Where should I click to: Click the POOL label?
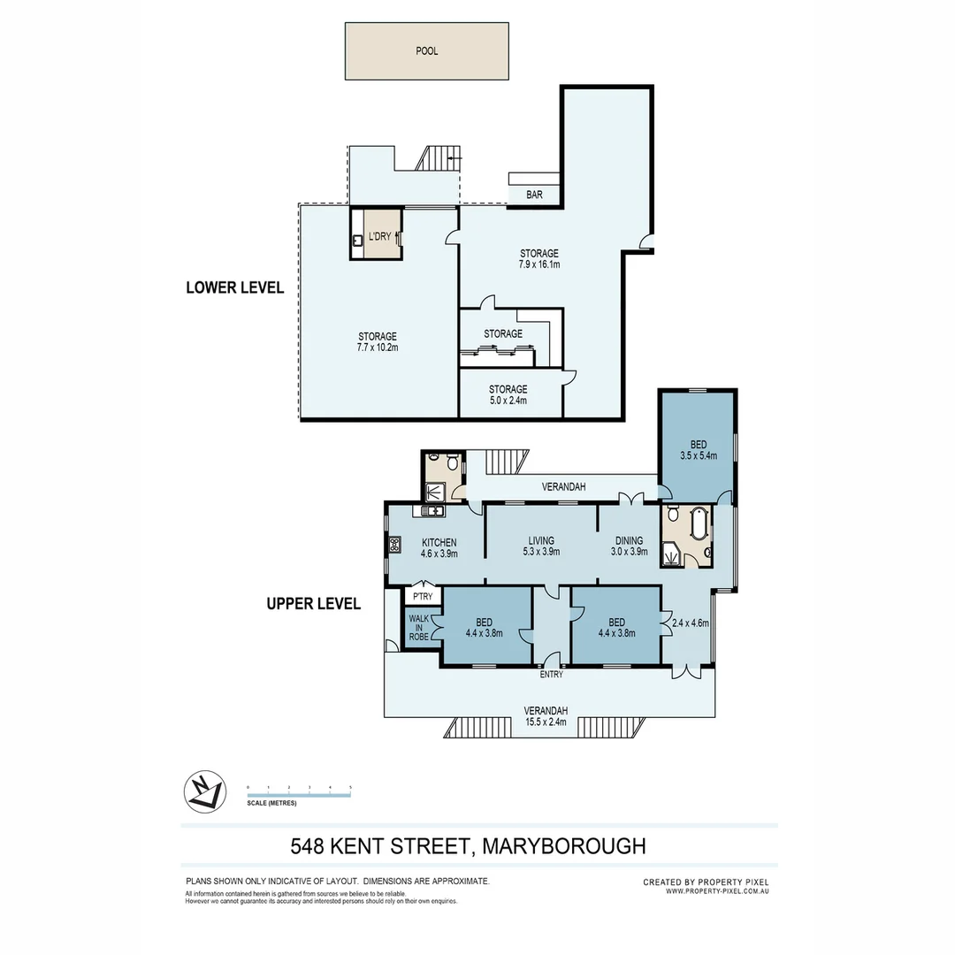(426, 51)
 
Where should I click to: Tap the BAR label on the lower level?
(534, 195)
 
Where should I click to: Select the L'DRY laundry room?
(378, 236)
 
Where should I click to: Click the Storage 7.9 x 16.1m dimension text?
(539, 264)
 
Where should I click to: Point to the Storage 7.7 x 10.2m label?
(378, 348)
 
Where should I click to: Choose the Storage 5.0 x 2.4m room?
(508, 394)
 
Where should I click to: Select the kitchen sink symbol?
(433, 510)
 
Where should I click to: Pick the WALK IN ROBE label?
(418, 626)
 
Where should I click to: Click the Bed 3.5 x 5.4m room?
(698, 449)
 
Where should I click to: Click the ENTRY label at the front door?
(551, 675)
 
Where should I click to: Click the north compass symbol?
(202, 790)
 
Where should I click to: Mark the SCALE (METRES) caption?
(271, 803)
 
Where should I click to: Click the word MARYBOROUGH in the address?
(564, 846)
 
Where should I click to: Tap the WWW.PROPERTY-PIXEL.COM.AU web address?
(717, 891)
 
